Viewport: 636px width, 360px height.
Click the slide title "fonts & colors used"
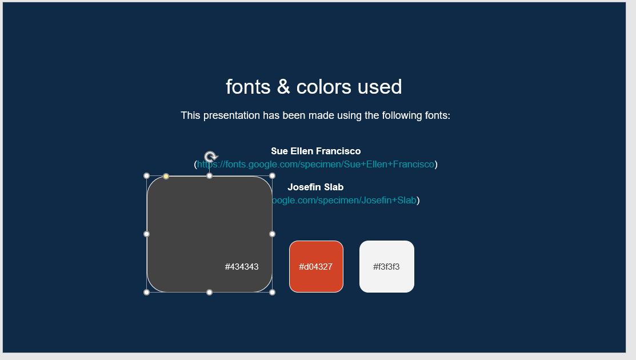coord(314,87)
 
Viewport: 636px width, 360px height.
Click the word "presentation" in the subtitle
coord(231,115)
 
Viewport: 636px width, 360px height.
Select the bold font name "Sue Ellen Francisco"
coord(315,151)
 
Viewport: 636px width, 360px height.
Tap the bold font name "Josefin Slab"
coord(315,187)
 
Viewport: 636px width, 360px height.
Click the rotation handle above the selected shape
coord(210,157)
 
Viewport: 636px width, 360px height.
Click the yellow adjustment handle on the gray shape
coord(166,177)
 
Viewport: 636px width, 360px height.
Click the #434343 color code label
coord(242,267)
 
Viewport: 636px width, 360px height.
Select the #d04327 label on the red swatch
coord(315,267)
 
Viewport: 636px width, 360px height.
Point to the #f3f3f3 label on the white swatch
coord(386,267)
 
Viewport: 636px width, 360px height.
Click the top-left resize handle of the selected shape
coord(147,176)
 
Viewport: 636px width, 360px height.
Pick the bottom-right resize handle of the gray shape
coord(272,293)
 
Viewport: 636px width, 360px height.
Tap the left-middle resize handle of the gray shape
coord(147,234)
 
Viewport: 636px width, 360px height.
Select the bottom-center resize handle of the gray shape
coord(210,293)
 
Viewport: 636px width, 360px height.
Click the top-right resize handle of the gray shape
coord(272,176)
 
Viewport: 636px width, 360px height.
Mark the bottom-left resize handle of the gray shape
coord(147,293)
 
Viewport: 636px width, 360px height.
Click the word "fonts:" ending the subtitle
coord(438,115)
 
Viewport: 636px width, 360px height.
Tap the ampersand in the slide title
coord(283,87)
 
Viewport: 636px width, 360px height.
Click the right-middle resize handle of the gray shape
coord(272,234)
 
